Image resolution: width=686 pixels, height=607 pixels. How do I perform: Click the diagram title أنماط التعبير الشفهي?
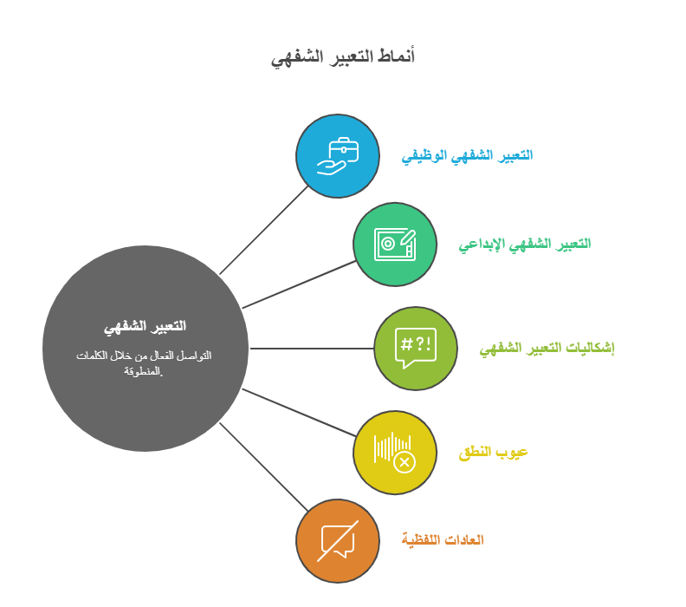(x=342, y=57)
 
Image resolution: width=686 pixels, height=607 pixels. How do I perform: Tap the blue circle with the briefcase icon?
(x=337, y=156)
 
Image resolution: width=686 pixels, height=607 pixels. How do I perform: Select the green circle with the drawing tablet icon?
(x=395, y=245)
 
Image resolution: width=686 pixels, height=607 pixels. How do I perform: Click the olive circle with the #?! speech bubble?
(x=416, y=349)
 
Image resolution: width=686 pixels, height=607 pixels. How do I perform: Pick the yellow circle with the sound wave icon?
(x=395, y=453)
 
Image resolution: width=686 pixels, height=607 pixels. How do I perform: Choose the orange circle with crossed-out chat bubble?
(x=337, y=541)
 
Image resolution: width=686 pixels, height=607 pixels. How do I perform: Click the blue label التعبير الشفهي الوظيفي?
(x=467, y=156)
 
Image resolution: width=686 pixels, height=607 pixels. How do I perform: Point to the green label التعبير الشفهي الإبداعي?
(x=525, y=245)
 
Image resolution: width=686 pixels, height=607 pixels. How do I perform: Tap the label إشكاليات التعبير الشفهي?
(x=547, y=349)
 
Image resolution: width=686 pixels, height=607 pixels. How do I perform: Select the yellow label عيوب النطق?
(x=493, y=453)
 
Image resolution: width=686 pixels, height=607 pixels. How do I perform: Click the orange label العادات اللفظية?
(x=443, y=539)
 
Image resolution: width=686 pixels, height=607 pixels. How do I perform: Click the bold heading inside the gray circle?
(x=145, y=327)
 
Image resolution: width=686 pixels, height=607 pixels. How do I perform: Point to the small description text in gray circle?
(x=144, y=363)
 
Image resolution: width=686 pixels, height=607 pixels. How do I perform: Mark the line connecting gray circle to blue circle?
(x=264, y=231)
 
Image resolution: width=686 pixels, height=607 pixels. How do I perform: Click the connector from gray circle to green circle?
(x=299, y=284)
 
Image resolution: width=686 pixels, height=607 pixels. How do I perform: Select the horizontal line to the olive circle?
(x=312, y=349)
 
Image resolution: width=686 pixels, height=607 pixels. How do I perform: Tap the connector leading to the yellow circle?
(x=299, y=413)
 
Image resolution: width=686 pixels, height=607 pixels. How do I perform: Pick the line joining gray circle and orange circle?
(x=264, y=467)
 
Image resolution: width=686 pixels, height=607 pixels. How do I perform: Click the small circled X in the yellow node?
(x=404, y=462)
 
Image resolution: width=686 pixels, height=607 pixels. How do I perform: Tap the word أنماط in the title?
(x=396, y=56)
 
